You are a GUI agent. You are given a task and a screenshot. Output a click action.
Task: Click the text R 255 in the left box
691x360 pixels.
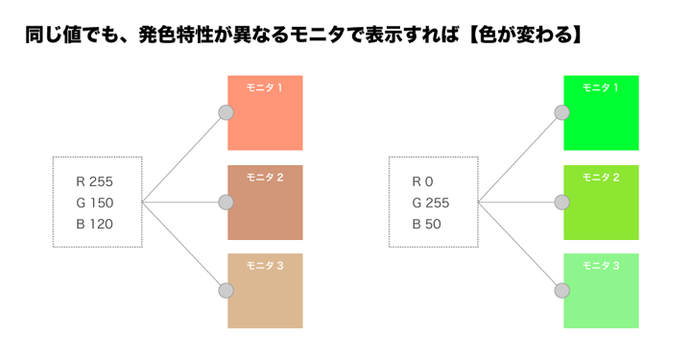pos(95,180)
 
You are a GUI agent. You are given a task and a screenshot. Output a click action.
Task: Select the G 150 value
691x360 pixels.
pos(95,203)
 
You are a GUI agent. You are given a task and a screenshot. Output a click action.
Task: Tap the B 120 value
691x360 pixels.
pos(95,225)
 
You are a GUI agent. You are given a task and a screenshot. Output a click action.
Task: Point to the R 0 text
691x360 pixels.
pos(423,180)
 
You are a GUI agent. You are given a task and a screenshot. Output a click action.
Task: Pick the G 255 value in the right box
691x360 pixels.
pos(431,203)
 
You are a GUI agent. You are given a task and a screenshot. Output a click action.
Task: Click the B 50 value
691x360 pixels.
pos(427,225)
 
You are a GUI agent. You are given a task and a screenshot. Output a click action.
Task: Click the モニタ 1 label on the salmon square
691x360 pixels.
pos(265,88)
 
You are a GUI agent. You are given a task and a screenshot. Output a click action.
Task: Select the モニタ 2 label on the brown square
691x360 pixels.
pos(265,178)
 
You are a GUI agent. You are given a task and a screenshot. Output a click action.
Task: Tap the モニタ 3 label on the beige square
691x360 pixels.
pos(265,266)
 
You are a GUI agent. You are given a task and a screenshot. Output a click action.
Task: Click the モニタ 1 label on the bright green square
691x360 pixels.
pos(601,88)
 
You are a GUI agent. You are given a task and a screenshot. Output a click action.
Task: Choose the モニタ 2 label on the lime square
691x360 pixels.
pos(601,178)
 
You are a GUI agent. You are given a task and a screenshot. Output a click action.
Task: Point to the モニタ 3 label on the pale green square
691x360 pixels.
pos(601,266)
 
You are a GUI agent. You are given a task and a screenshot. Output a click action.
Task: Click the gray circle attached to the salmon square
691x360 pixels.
pos(226,113)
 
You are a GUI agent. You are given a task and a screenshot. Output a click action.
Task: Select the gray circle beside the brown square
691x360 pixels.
pos(226,203)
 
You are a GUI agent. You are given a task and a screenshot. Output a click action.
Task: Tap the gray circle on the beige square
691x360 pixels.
pos(226,290)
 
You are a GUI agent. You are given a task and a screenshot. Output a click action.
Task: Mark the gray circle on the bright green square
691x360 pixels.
pos(562,113)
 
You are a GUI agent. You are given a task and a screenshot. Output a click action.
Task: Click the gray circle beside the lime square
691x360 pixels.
pos(562,203)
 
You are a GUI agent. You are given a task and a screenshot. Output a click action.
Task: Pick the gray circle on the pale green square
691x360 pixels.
pos(562,290)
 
